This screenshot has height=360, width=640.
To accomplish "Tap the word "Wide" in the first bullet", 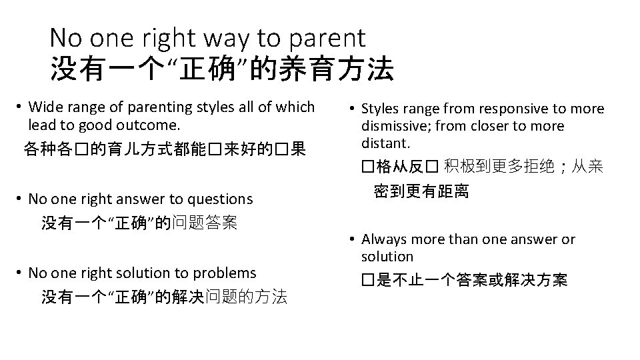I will click(45, 107).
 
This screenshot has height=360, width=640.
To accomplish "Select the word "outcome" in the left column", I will click(147, 125).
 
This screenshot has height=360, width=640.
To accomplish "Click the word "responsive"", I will click(492, 109).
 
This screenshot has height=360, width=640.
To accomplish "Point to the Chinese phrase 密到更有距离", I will click(421, 192).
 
